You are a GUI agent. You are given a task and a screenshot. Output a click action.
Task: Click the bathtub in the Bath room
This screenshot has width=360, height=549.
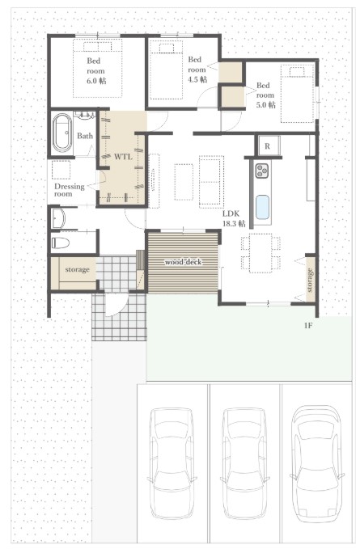(x=62, y=133)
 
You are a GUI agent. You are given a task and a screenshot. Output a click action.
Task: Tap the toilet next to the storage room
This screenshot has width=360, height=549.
(x=60, y=243)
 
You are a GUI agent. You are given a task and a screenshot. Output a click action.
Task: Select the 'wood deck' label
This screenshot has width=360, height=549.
(x=183, y=262)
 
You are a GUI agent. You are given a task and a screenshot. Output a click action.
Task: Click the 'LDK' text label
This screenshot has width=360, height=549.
(x=231, y=213)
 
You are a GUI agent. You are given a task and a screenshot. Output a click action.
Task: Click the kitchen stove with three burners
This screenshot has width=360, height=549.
(x=261, y=171)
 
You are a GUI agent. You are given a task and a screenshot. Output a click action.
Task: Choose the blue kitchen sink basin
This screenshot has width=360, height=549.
(x=262, y=206)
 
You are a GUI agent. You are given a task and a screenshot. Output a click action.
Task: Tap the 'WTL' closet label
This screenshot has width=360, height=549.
(x=123, y=157)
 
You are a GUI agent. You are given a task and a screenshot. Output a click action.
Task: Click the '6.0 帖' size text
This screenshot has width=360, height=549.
(x=96, y=81)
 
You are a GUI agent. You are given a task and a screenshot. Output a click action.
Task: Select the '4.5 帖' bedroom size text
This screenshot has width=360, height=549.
(x=197, y=79)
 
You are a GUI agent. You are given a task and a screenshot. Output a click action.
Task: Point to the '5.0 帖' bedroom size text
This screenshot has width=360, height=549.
(x=266, y=104)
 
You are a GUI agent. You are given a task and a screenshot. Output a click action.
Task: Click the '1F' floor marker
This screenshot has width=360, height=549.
(x=308, y=326)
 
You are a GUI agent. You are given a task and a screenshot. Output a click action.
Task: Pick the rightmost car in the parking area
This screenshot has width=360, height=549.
(x=317, y=463)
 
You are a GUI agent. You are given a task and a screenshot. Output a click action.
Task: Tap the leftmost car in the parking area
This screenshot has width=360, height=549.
(x=172, y=463)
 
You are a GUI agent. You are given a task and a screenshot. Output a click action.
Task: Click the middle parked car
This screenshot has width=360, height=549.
(x=245, y=463)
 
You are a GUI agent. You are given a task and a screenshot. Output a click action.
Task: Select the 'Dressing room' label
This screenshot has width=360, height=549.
(x=70, y=190)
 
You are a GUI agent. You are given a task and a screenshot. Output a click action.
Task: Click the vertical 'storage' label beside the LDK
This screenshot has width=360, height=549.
(x=310, y=280)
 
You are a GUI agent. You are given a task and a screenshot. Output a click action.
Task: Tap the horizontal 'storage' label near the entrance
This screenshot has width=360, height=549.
(x=77, y=269)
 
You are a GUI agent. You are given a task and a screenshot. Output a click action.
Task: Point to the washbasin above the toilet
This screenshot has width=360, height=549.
(x=57, y=218)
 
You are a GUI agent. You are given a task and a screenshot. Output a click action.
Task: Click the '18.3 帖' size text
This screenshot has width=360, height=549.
(x=234, y=223)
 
